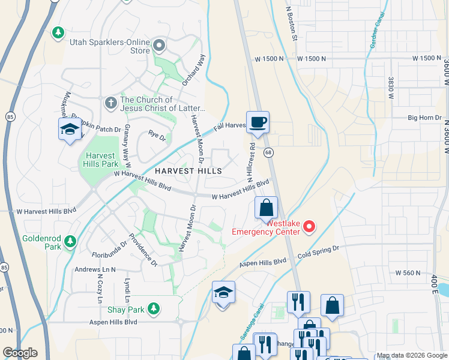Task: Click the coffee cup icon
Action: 258,122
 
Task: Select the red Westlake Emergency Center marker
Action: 309,226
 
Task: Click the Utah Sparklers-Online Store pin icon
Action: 159,45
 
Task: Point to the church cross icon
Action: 110,103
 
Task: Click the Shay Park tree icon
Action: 154,308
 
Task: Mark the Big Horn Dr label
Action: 424,118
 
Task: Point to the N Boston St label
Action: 292,24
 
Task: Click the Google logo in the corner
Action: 20,353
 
